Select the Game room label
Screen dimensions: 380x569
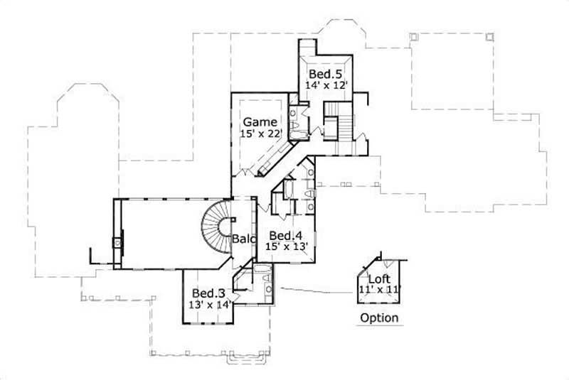click(260, 121)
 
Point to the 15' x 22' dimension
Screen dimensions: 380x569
click(261, 133)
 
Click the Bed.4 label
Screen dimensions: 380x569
click(286, 235)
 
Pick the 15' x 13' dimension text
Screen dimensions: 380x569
click(286, 246)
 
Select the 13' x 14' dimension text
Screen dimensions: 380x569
click(210, 304)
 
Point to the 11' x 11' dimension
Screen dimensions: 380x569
click(381, 289)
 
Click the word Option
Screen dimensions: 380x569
click(379, 317)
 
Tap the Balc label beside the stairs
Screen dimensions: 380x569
click(243, 239)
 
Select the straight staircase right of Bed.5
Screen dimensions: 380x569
click(345, 126)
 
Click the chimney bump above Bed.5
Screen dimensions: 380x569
click(307, 46)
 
